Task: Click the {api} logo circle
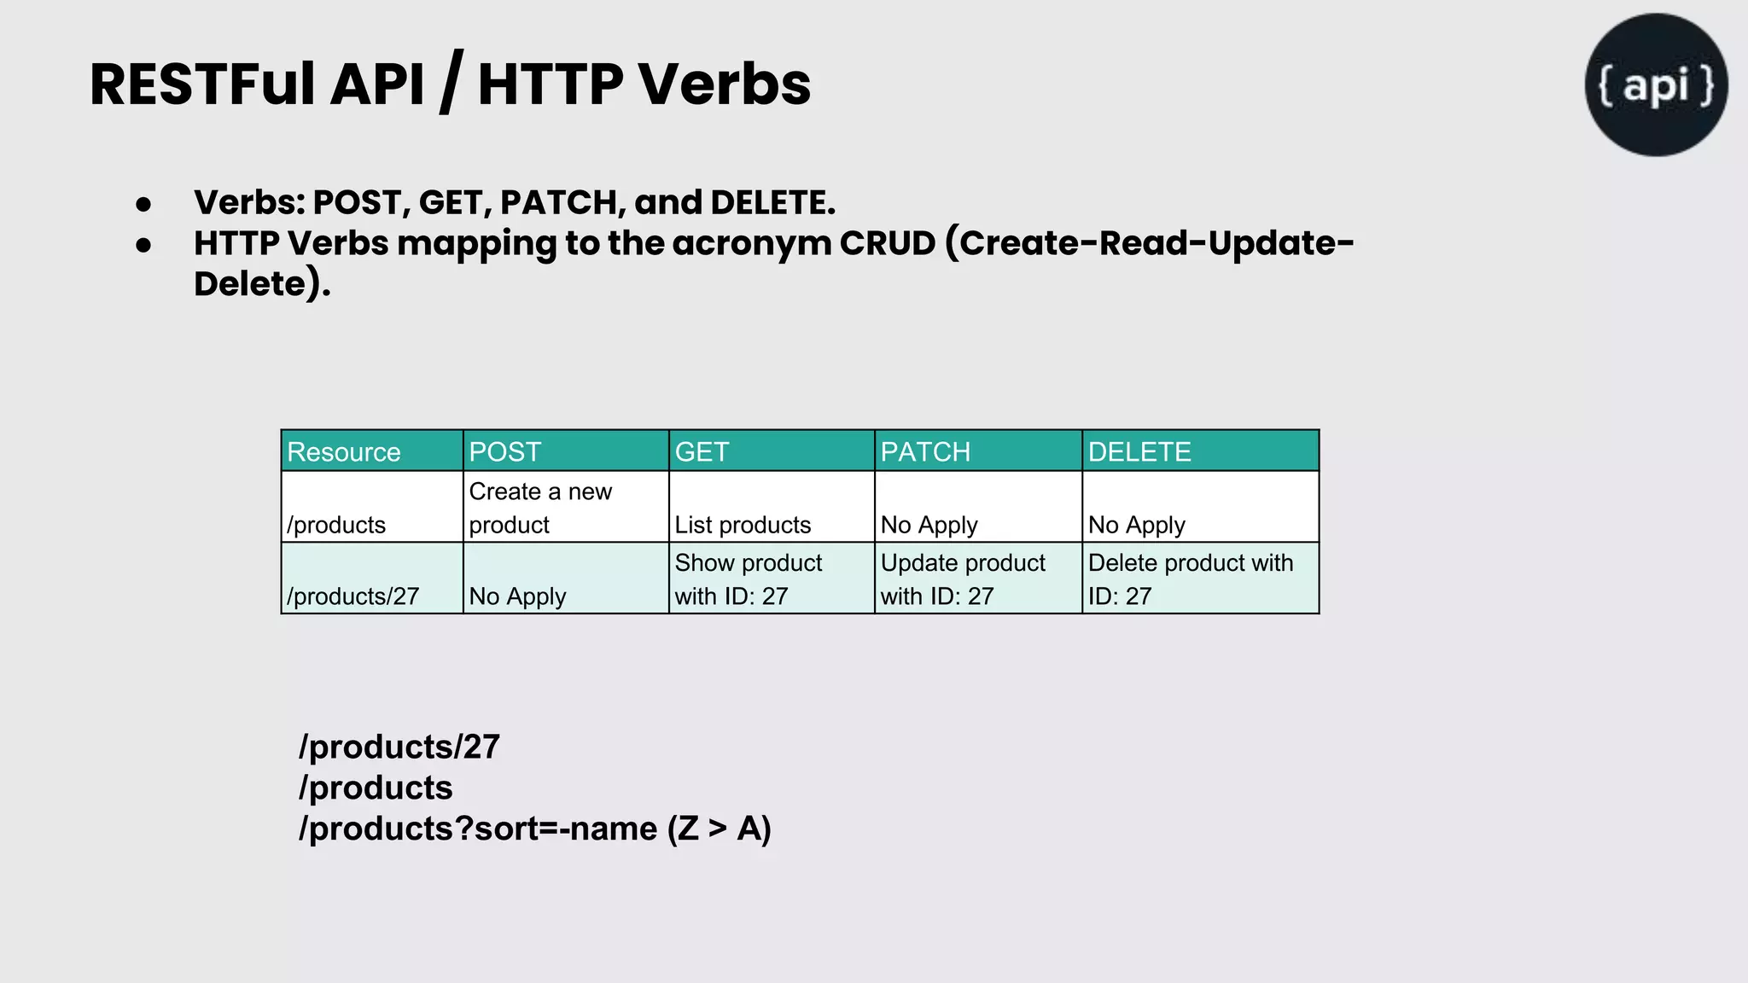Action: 1656,84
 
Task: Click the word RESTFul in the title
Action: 203,84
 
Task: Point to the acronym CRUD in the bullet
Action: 888,243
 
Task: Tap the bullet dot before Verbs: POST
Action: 143,205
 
